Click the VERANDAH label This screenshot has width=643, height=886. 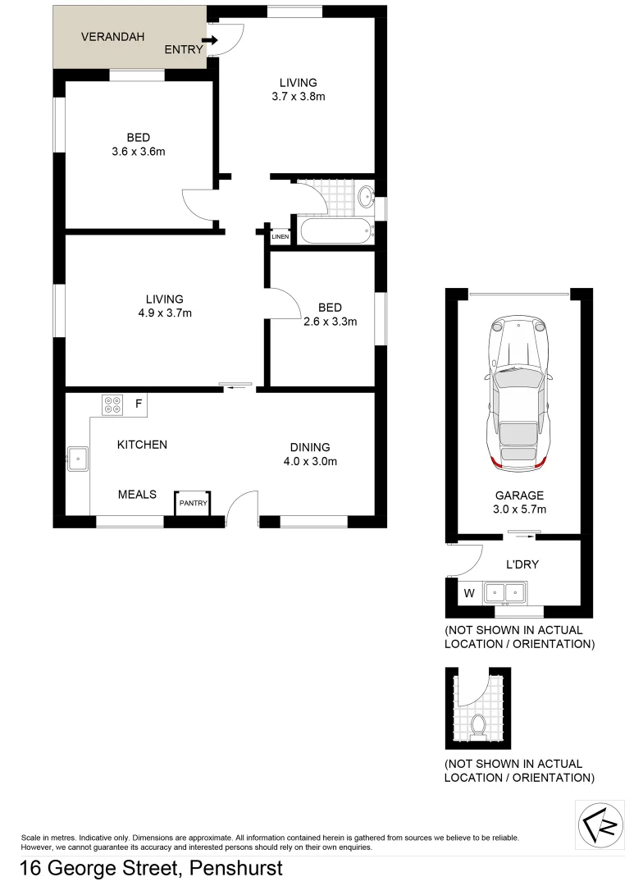tap(112, 37)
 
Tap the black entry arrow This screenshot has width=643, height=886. tap(210, 40)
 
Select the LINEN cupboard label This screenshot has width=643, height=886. tap(280, 237)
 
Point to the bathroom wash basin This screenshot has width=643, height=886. tap(365, 195)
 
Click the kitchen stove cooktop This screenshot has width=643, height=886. tap(112, 404)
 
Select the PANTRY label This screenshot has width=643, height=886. tap(194, 503)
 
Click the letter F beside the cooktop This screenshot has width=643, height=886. tap(139, 404)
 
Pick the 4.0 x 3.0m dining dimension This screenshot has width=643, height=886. tap(310, 461)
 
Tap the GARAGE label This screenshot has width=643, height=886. tap(519, 496)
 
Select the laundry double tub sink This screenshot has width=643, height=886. tap(506, 591)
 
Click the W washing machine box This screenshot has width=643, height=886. tap(469, 591)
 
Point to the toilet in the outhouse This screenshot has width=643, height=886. tap(479, 725)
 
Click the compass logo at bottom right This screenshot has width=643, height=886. tap(601, 824)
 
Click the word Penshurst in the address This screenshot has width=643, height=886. tap(236, 868)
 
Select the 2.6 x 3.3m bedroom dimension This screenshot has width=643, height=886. tap(330, 322)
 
